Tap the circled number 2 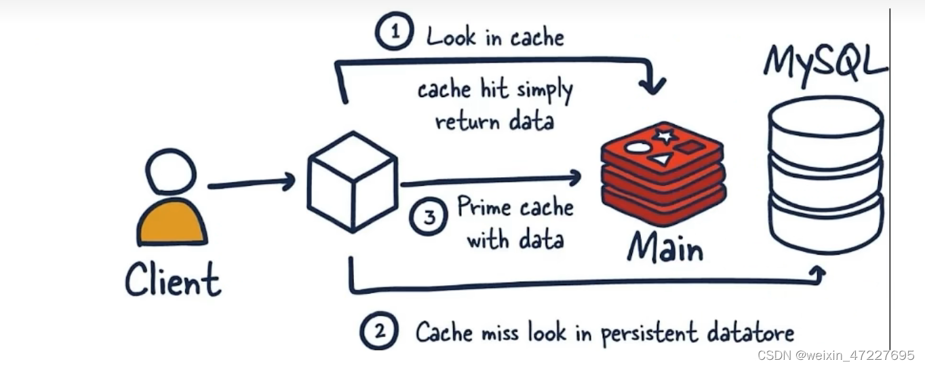379,331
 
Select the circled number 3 429,218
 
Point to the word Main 665,247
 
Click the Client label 173,280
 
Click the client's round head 171,171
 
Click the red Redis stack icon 663,172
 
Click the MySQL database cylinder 825,174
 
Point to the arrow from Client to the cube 251,183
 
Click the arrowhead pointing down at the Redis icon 654,86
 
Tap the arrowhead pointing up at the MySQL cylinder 818,273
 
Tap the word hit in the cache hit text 494,89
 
